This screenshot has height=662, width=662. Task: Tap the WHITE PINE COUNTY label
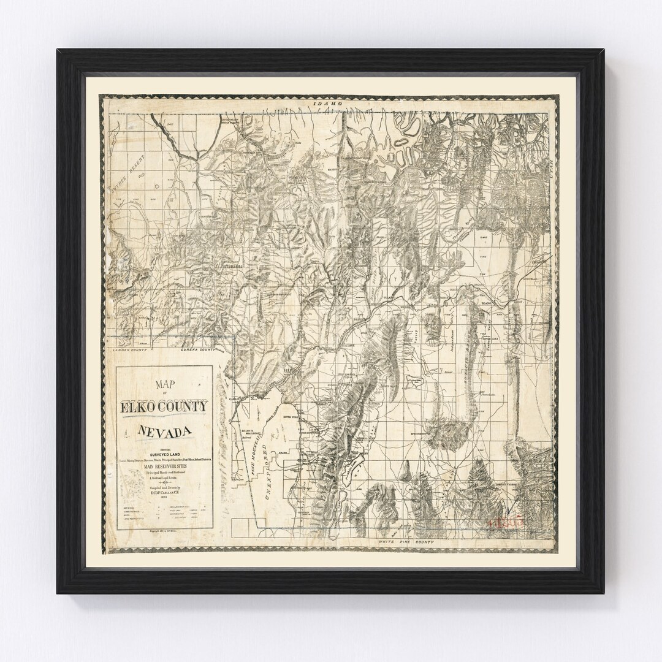407,543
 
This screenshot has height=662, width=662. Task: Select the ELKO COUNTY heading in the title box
164,406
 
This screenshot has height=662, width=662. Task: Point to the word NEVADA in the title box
162,431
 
